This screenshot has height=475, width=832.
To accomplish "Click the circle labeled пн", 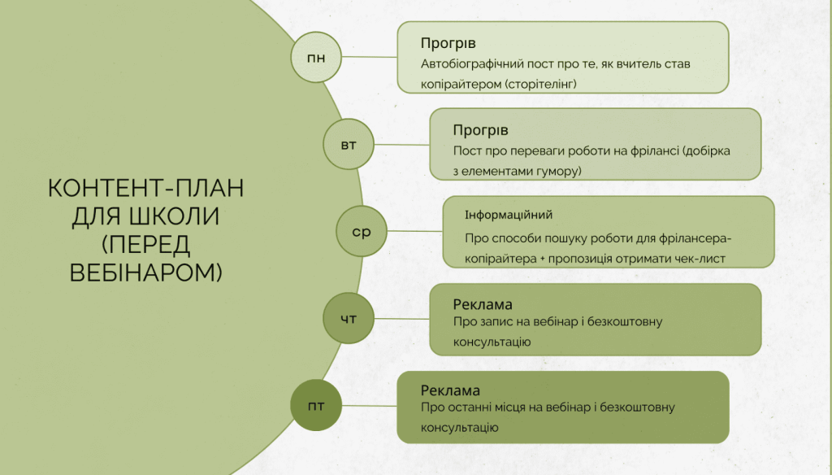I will [315, 57].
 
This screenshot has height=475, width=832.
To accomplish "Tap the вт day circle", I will [348, 145].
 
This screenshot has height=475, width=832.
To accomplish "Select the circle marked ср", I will [361, 232].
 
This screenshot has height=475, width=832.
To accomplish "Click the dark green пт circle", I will [315, 404].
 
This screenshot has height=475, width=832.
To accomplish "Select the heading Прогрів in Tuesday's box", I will [480, 130].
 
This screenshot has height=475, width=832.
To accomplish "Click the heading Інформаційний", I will [509, 215].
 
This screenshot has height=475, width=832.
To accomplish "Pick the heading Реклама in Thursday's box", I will [482, 305].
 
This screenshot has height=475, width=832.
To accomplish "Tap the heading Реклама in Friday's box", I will [450, 390].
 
